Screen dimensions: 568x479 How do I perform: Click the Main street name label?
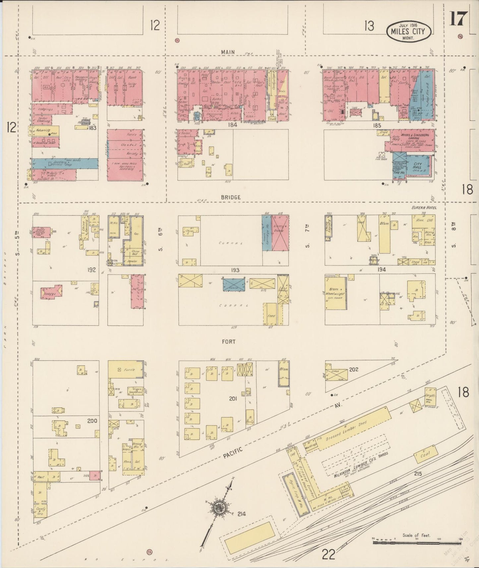pyautogui.click(x=228, y=52)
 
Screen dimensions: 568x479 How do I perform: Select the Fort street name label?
pyautogui.click(x=229, y=341)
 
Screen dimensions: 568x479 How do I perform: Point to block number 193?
pyautogui.click(x=235, y=270)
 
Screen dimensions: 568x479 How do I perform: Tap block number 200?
pyautogui.click(x=92, y=421)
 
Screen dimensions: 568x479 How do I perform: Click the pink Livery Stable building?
pyautogui.click(x=280, y=233)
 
